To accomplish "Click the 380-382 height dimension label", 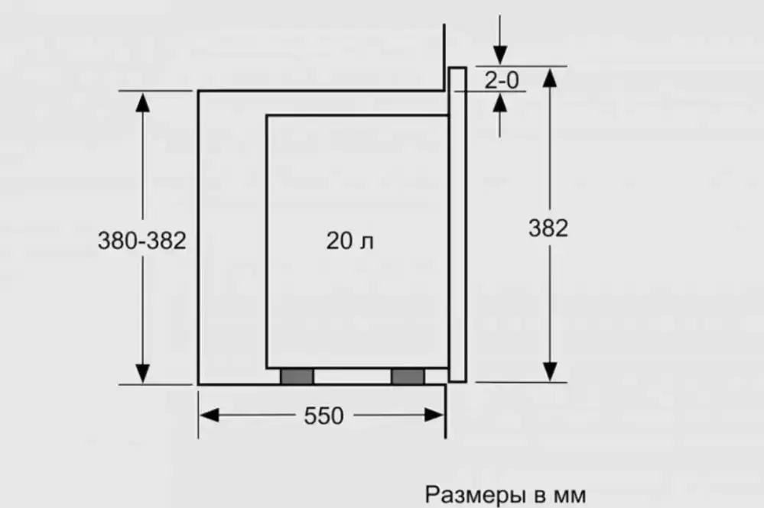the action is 141,241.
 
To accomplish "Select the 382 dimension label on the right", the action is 548,228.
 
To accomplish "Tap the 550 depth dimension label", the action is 324,416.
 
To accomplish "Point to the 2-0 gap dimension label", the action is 502,80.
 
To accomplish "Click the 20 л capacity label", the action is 350,241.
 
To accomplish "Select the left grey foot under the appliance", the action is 297,376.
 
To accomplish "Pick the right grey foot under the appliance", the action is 408,376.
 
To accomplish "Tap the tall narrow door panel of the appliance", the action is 457,225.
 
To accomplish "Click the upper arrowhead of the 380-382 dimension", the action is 142,102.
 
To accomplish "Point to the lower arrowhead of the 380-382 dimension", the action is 142,374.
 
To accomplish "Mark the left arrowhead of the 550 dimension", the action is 210,416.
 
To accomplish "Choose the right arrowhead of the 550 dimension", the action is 434,416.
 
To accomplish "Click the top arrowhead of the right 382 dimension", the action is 550,78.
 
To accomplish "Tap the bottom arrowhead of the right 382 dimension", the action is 550,372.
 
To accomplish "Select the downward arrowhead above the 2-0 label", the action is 500,55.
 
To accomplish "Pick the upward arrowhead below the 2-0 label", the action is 500,102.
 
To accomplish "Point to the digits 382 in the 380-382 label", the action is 167,241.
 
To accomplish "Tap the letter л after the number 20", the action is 367,243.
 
